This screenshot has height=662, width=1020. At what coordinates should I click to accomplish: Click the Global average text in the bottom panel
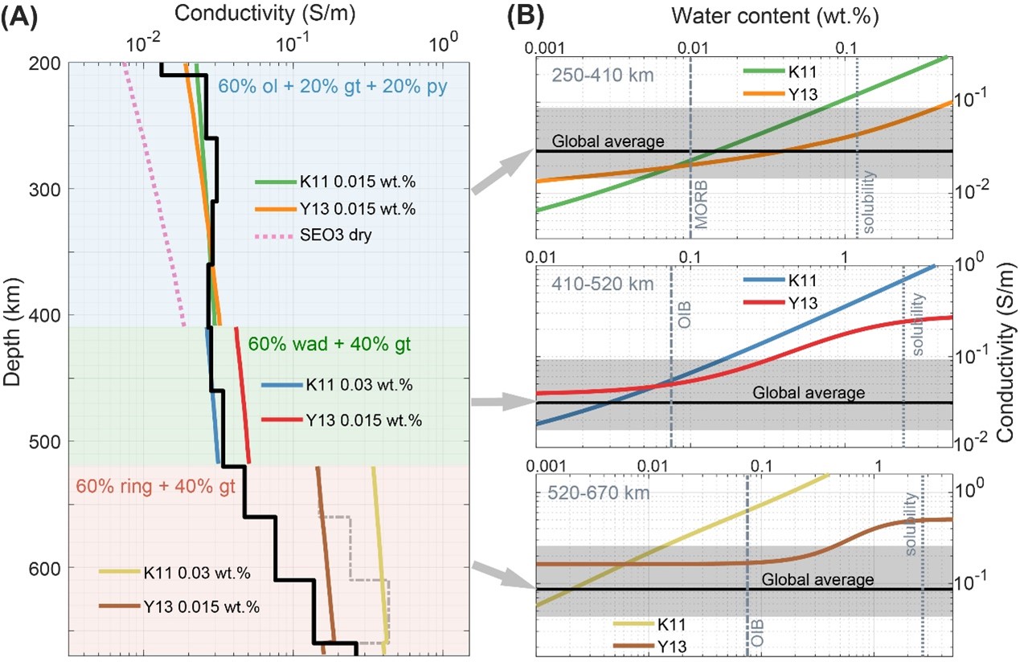(817, 579)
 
